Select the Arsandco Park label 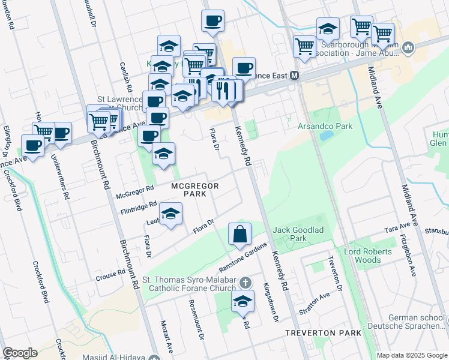(325, 127)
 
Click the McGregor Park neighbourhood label (194, 190)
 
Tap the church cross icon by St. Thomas (244, 282)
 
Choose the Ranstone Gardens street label (242, 256)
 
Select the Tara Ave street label (397, 228)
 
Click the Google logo (20, 353)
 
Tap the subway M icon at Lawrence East (295, 76)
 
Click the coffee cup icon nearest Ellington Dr (33, 146)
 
